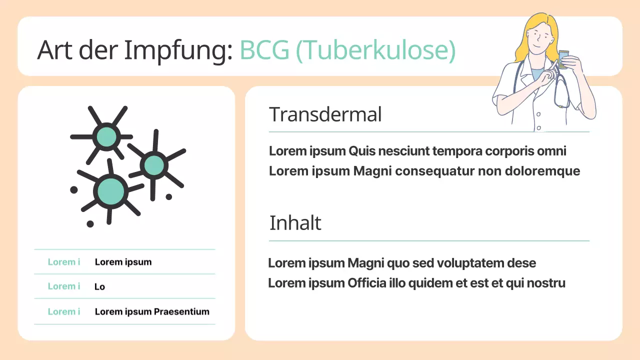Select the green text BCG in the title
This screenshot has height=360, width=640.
click(x=264, y=50)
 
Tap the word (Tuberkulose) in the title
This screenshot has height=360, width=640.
click(x=375, y=50)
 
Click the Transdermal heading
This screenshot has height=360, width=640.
click(x=325, y=114)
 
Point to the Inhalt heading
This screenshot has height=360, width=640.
click(x=295, y=223)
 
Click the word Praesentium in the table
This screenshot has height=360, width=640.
click(x=181, y=311)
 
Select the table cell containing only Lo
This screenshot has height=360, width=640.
click(x=99, y=286)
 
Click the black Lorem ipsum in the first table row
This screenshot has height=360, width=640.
click(x=123, y=262)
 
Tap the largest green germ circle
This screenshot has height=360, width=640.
click(x=110, y=190)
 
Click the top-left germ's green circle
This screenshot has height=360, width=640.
click(x=106, y=136)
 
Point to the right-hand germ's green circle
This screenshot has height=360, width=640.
click(x=154, y=165)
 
